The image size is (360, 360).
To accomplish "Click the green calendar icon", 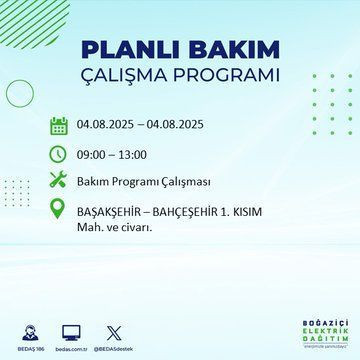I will point(59,126).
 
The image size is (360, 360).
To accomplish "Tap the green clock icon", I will point(59,154).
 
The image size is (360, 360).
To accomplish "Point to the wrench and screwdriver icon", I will point(59,182).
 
